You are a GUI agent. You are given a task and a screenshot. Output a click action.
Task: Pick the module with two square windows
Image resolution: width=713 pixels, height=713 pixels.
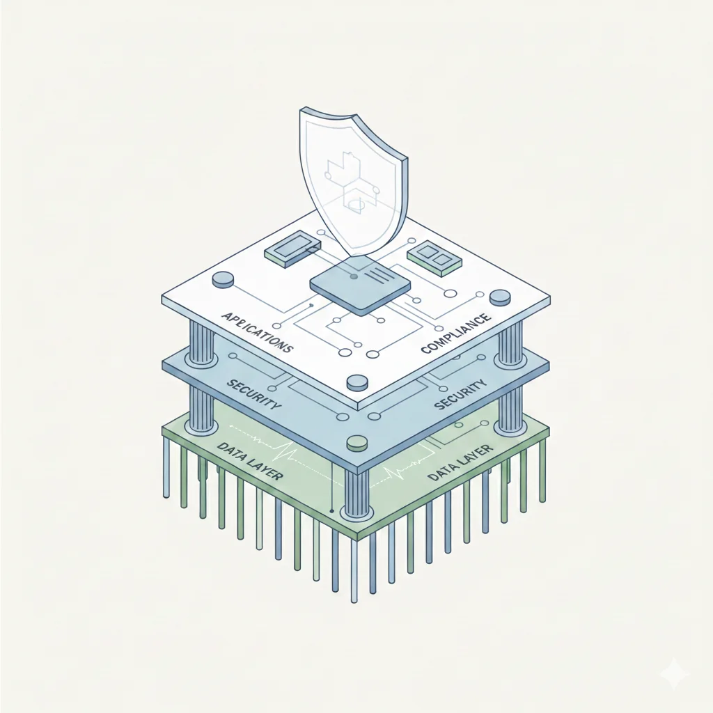(434, 258)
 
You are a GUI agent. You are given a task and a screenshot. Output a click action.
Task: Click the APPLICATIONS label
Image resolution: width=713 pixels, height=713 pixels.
(257, 332)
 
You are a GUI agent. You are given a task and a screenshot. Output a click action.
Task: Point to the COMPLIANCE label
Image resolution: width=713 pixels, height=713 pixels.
(456, 334)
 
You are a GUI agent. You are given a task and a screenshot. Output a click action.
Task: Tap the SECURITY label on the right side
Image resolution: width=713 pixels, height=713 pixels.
(460, 394)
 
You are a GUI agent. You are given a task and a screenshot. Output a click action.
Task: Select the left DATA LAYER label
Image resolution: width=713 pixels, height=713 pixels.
(250, 461)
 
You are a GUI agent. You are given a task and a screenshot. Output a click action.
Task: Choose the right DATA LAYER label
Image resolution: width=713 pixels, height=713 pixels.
(460, 462)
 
